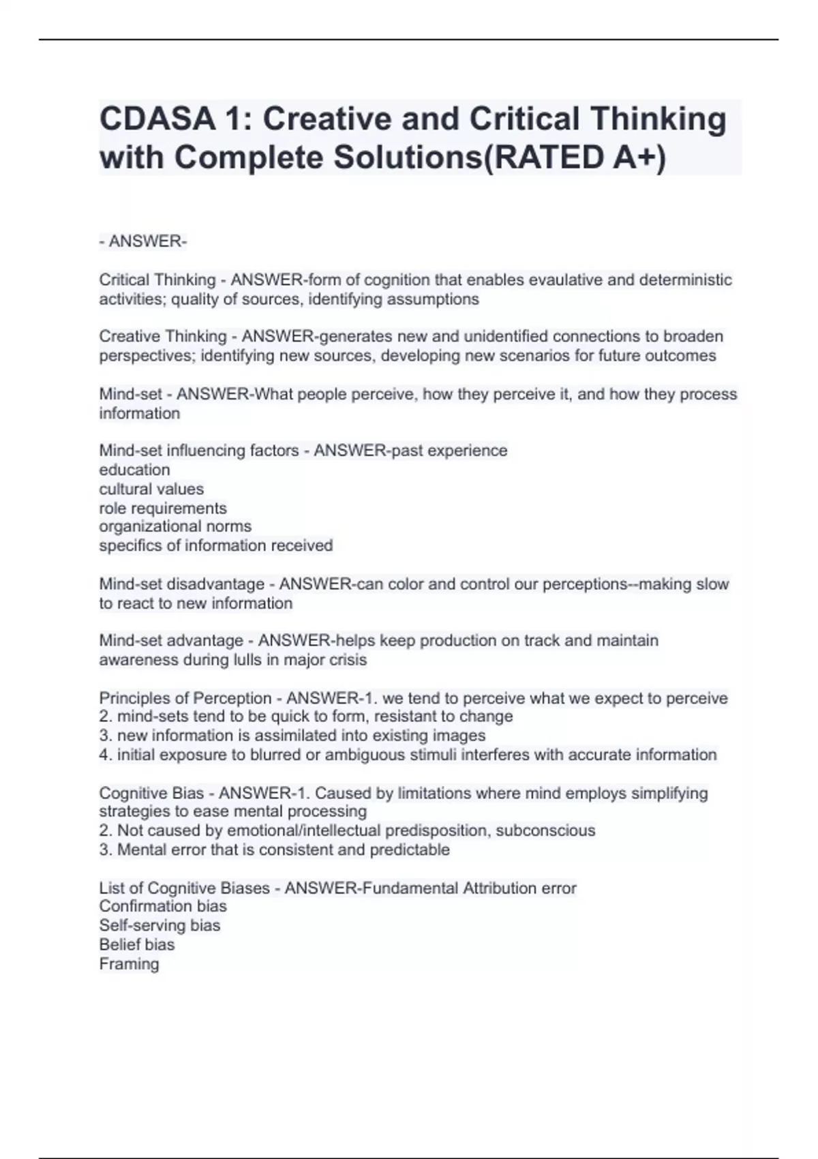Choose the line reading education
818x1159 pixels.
134,470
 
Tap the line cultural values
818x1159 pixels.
151,489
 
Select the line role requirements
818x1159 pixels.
163,508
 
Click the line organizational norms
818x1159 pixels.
175,526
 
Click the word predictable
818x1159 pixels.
410,849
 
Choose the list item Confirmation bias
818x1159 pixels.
163,906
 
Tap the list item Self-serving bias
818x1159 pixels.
160,925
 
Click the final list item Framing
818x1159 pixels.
129,964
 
